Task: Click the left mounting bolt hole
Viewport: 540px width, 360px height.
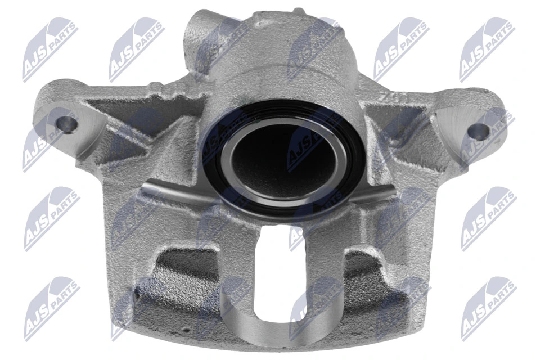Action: [x=67, y=125]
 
